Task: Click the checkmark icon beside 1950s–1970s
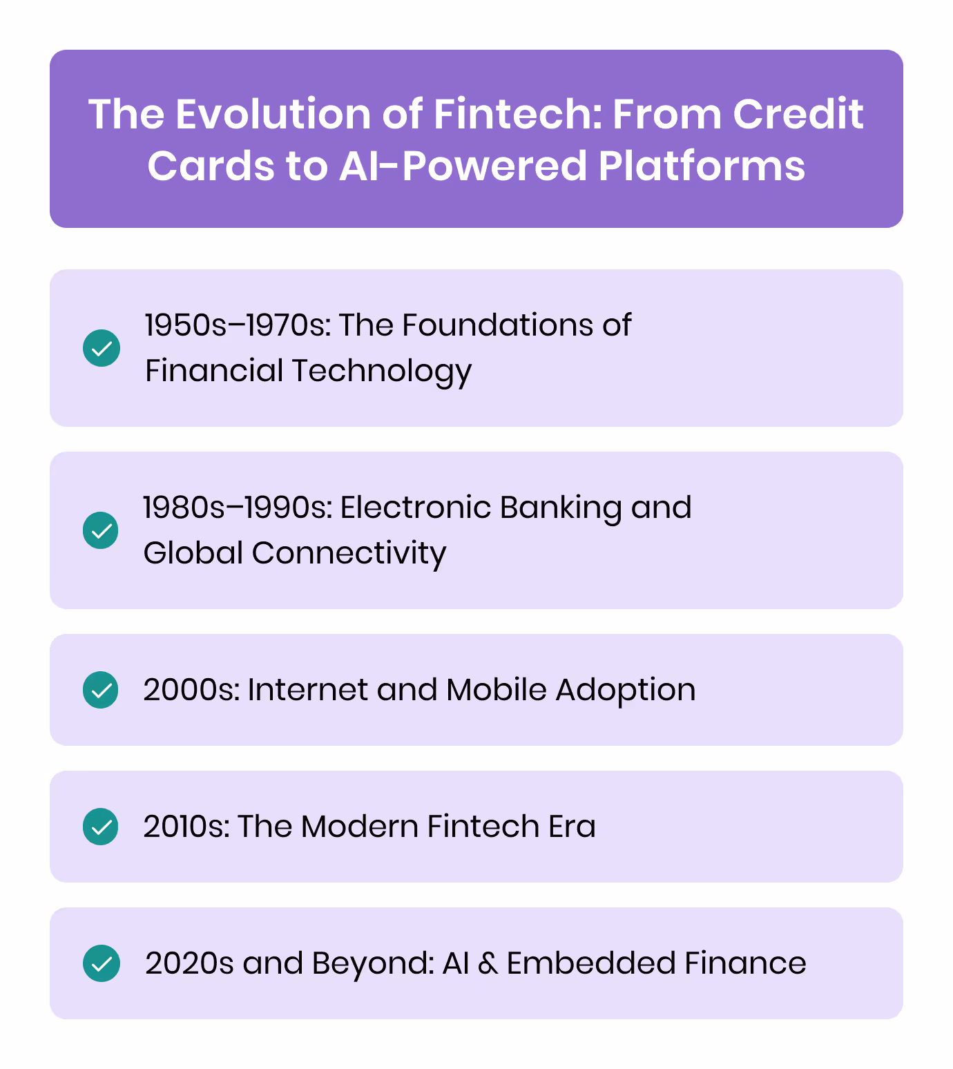tap(102, 347)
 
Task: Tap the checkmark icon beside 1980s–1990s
tap(101, 530)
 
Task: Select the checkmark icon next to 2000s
tap(101, 690)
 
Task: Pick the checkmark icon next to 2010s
tap(101, 827)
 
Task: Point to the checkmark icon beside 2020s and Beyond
tap(102, 963)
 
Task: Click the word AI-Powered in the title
tap(462, 166)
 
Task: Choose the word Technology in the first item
tap(382, 371)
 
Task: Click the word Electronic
tap(415, 508)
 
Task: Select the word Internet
tap(307, 690)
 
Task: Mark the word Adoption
tap(626, 690)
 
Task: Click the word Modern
tap(359, 827)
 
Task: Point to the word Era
tap(572, 827)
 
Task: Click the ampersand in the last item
tap(488, 963)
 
